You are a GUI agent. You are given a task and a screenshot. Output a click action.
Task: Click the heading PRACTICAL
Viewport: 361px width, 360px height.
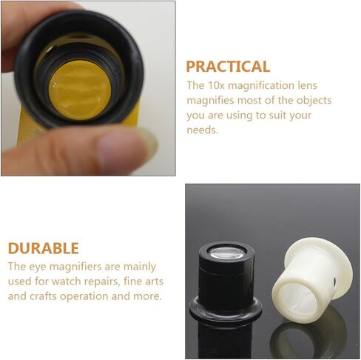click(x=228, y=67)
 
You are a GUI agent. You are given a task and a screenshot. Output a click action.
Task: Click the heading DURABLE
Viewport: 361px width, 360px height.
click(x=44, y=248)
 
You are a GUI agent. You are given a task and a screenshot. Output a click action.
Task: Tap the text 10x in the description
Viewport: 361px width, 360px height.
click(x=216, y=85)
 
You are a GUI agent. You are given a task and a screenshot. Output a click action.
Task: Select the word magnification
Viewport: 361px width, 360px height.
click(x=258, y=86)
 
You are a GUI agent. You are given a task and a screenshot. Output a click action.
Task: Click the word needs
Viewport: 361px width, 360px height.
click(x=202, y=130)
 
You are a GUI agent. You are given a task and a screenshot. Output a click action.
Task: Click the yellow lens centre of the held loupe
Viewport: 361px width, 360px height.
click(x=79, y=90)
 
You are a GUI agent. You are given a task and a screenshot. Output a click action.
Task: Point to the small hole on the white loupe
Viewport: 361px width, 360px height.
click(x=335, y=280)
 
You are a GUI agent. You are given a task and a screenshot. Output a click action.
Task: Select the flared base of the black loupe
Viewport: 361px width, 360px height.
click(x=226, y=309)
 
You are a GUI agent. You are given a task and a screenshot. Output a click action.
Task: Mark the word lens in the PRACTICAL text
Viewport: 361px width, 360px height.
click(x=306, y=85)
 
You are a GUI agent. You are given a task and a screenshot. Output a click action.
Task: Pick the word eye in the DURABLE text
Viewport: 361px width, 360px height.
click(x=38, y=267)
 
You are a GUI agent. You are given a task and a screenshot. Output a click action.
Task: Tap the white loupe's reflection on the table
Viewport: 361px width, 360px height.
click(x=308, y=339)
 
